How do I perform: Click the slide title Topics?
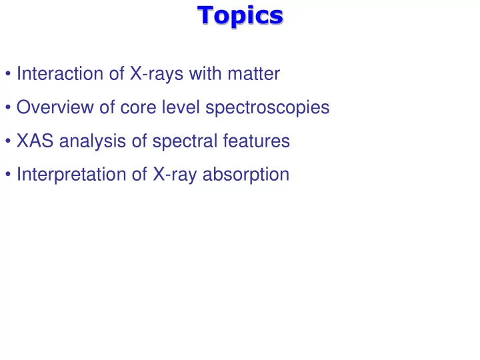[240, 15]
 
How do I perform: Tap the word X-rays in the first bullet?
[157, 74]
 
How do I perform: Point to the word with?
[205, 73]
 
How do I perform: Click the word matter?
[254, 74]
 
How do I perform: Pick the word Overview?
[55, 107]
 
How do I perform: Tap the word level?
[181, 107]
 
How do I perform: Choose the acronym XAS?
[35, 141]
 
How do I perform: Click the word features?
[256, 141]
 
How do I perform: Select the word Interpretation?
[71, 175]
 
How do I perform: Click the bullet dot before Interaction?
[8, 74]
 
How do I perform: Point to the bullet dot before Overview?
[8, 107]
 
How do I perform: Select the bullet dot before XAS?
[8, 141]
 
